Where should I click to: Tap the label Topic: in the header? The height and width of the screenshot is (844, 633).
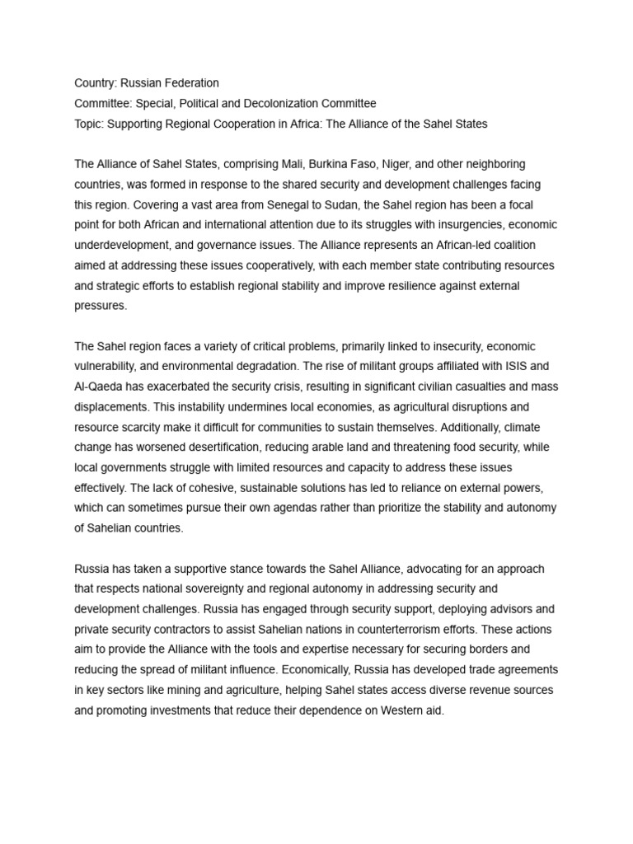pos(89,124)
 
